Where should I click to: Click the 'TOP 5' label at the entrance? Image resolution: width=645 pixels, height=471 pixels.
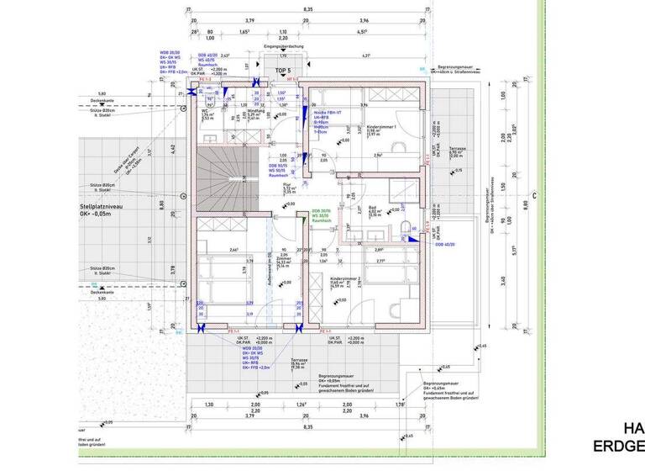pos(282,71)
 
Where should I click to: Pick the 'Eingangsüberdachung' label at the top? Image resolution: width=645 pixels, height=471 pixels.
pos(282,46)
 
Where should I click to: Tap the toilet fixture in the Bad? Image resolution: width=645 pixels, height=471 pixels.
pos(406,227)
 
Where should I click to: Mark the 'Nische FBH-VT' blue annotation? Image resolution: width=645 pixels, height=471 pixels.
pos(326,113)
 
